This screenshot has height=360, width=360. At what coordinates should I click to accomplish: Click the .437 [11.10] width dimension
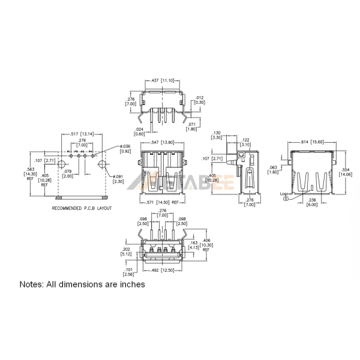[161, 80]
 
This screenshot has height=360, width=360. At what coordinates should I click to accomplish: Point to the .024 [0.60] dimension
[139, 131]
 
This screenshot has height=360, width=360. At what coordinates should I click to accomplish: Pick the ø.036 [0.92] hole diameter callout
[125, 149]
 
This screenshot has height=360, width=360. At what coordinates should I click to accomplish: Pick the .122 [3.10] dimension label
[245, 142]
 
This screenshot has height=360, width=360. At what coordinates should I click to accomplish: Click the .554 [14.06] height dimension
[346, 172]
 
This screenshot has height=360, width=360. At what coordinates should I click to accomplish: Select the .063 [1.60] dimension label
[273, 170]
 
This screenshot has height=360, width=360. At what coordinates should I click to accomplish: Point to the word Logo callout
[285, 194]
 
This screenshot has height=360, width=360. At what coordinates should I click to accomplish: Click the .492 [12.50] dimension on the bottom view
[161, 269]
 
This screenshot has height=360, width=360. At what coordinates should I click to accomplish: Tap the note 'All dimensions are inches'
[82, 284]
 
